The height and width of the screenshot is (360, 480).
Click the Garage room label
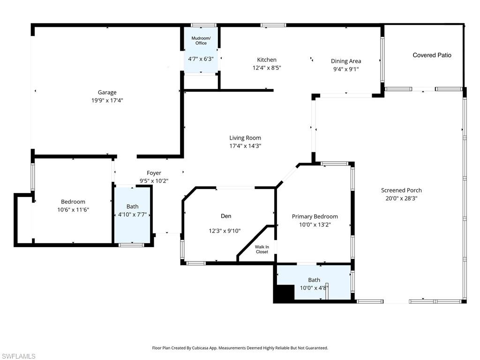tap(107, 92)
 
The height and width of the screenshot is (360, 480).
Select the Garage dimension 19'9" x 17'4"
tap(107, 100)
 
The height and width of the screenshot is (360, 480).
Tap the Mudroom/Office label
tap(201, 40)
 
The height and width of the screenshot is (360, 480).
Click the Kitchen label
tap(267, 60)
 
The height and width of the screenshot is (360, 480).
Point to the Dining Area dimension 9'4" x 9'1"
tap(346, 69)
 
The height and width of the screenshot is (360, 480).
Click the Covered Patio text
tap(432, 55)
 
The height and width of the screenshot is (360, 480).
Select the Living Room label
tap(245, 138)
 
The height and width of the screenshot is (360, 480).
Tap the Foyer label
tap(154, 173)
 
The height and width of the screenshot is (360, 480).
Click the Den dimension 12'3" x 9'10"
tap(225, 231)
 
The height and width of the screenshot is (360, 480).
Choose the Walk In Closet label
tap(262, 249)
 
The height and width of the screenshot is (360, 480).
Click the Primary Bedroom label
tap(315, 216)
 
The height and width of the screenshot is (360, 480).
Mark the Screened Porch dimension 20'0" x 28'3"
tap(401, 198)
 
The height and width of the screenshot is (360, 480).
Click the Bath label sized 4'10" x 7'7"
tap(133, 206)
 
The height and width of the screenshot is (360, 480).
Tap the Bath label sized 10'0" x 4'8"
tap(314, 280)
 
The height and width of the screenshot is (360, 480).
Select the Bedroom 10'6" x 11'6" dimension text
tap(73, 210)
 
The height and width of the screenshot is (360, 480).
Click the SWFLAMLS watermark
tap(18, 356)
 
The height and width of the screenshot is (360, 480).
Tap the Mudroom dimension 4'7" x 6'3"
tap(201, 59)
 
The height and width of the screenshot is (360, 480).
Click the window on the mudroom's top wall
tap(203, 25)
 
